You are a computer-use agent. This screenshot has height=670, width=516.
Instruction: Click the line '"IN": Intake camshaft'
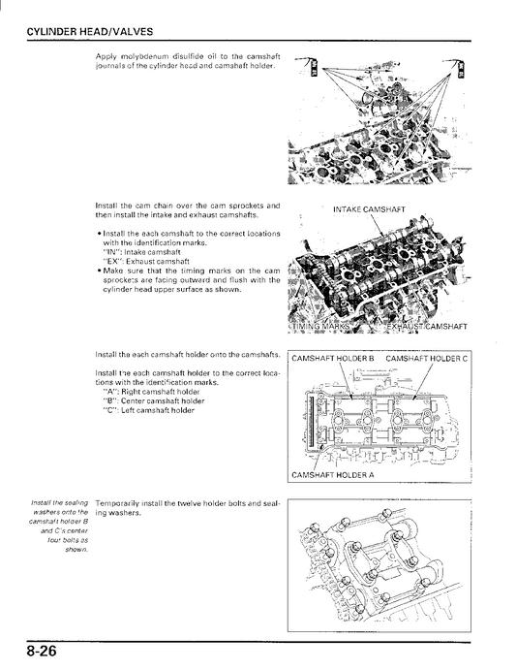pyautogui.click(x=141, y=252)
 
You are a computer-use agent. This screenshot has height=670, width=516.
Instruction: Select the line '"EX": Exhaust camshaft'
pyautogui.click(x=145, y=261)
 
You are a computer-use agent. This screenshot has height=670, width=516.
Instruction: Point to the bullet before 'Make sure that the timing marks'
pyautogui.click(x=99, y=271)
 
